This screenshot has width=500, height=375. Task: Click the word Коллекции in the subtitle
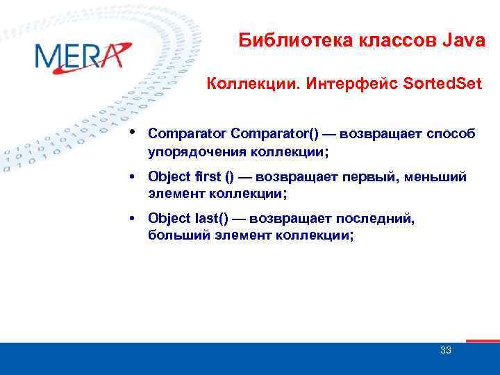tap(247, 84)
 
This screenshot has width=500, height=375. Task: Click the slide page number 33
tap(446, 350)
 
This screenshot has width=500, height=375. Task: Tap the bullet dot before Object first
tap(132, 178)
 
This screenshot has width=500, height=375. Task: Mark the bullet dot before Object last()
tap(132, 219)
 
